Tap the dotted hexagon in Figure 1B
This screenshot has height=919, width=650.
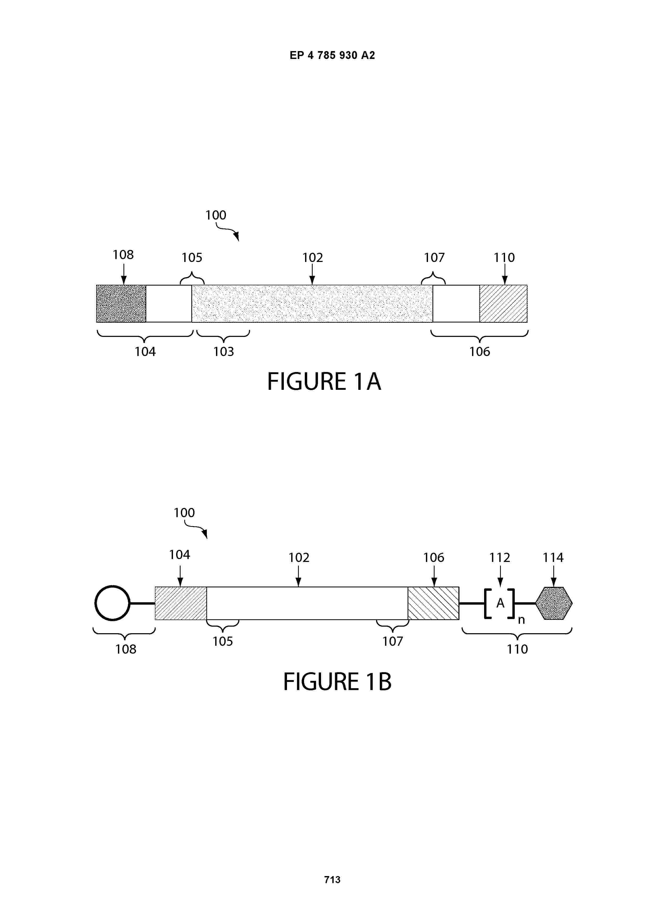[x=554, y=603]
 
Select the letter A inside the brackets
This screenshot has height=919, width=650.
[x=500, y=603]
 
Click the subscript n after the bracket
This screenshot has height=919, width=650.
[x=521, y=620]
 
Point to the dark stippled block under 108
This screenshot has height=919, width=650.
[x=121, y=303]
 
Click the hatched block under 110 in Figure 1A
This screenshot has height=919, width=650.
[x=503, y=303]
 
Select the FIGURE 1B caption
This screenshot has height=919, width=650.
[x=337, y=682]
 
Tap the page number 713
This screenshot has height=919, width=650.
[x=332, y=879]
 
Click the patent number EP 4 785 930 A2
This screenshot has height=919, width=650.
[x=332, y=55]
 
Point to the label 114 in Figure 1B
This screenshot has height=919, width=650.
[x=553, y=557]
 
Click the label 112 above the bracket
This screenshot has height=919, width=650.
[x=500, y=557]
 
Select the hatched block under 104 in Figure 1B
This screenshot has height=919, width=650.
[x=181, y=603]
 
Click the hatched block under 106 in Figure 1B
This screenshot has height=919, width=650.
[x=433, y=603]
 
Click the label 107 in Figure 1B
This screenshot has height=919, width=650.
[x=392, y=641]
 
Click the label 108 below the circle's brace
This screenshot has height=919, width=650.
[x=126, y=649]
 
